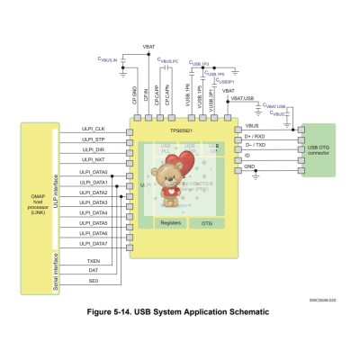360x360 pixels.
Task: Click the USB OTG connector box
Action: tap(323, 149)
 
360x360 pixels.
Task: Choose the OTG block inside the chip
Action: tap(207, 221)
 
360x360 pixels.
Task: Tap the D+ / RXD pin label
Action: tap(256, 135)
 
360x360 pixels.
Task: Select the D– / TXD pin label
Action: tap(256, 145)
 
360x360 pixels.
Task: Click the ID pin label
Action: tap(247, 155)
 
